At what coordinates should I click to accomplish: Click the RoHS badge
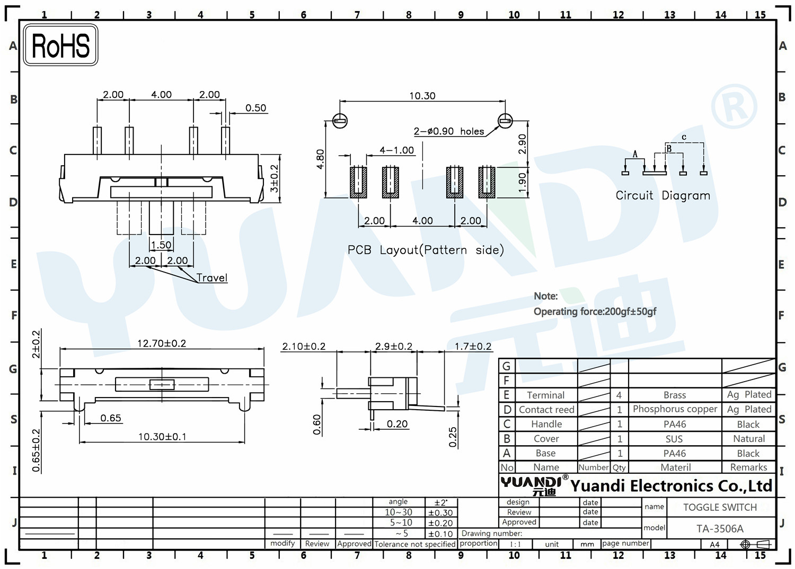coord(60,45)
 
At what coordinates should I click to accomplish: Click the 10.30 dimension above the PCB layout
coord(422,96)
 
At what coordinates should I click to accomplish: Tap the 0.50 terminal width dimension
coord(255,108)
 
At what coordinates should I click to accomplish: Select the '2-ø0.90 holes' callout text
coord(448,131)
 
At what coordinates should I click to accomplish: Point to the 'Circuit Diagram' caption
coord(662,195)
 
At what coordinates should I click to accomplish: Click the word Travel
coord(211,277)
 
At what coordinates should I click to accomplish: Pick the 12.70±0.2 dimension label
coord(162,343)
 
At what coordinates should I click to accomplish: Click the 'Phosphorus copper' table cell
coord(675,409)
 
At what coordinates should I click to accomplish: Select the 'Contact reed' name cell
coord(546,410)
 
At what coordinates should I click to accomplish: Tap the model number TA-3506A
coord(720,529)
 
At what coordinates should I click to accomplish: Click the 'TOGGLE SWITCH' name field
coord(720,507)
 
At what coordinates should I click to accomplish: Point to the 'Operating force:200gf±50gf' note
coord(595,312)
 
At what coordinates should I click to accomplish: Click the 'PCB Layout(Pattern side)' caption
coord(425,250)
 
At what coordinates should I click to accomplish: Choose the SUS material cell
coord(674,439)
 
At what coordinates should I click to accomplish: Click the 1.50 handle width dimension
coord(161,245)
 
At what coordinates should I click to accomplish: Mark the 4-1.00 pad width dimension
coord(396,150)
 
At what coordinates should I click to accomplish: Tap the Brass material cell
coord(675,395)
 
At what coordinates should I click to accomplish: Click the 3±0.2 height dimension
coord(274,178)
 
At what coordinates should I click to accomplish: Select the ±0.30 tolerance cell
coord(440,513)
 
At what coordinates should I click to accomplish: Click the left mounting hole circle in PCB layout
coord(340,121)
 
